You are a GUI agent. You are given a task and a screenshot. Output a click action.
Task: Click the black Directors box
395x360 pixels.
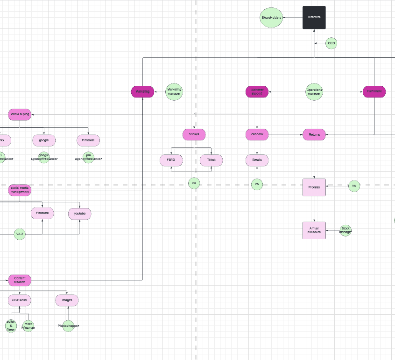314,18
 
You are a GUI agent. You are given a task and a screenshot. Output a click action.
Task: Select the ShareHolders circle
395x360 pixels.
271,18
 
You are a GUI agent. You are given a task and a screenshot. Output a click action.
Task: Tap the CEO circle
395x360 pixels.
331,43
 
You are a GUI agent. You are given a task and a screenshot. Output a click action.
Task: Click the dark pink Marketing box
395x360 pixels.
142,92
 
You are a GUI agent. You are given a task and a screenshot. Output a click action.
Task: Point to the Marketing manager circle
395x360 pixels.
174,92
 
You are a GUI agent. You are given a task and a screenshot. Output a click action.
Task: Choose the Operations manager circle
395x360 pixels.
314,92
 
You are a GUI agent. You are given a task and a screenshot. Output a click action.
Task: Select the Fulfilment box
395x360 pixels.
374,92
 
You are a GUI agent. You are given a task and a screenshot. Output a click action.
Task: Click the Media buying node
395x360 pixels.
20,114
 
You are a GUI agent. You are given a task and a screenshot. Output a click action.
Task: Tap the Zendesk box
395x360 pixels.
257,135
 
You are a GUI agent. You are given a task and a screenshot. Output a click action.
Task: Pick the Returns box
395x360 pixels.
314,135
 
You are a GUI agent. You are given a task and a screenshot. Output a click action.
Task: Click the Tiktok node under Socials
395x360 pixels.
211,160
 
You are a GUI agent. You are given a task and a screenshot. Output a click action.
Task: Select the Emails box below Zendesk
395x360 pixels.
257,160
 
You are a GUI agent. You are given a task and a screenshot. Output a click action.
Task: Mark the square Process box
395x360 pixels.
314,187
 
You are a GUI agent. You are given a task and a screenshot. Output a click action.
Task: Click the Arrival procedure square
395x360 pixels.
314,230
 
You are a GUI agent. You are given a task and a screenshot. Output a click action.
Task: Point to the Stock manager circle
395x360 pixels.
345,230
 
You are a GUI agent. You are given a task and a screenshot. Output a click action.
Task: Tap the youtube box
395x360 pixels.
79,214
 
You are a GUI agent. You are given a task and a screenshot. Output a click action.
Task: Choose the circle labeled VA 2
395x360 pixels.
19,234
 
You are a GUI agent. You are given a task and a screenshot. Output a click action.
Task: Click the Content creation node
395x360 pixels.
20,280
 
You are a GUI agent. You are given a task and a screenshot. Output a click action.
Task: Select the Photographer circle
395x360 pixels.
68,325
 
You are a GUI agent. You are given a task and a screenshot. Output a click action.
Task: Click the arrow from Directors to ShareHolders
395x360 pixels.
293,18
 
